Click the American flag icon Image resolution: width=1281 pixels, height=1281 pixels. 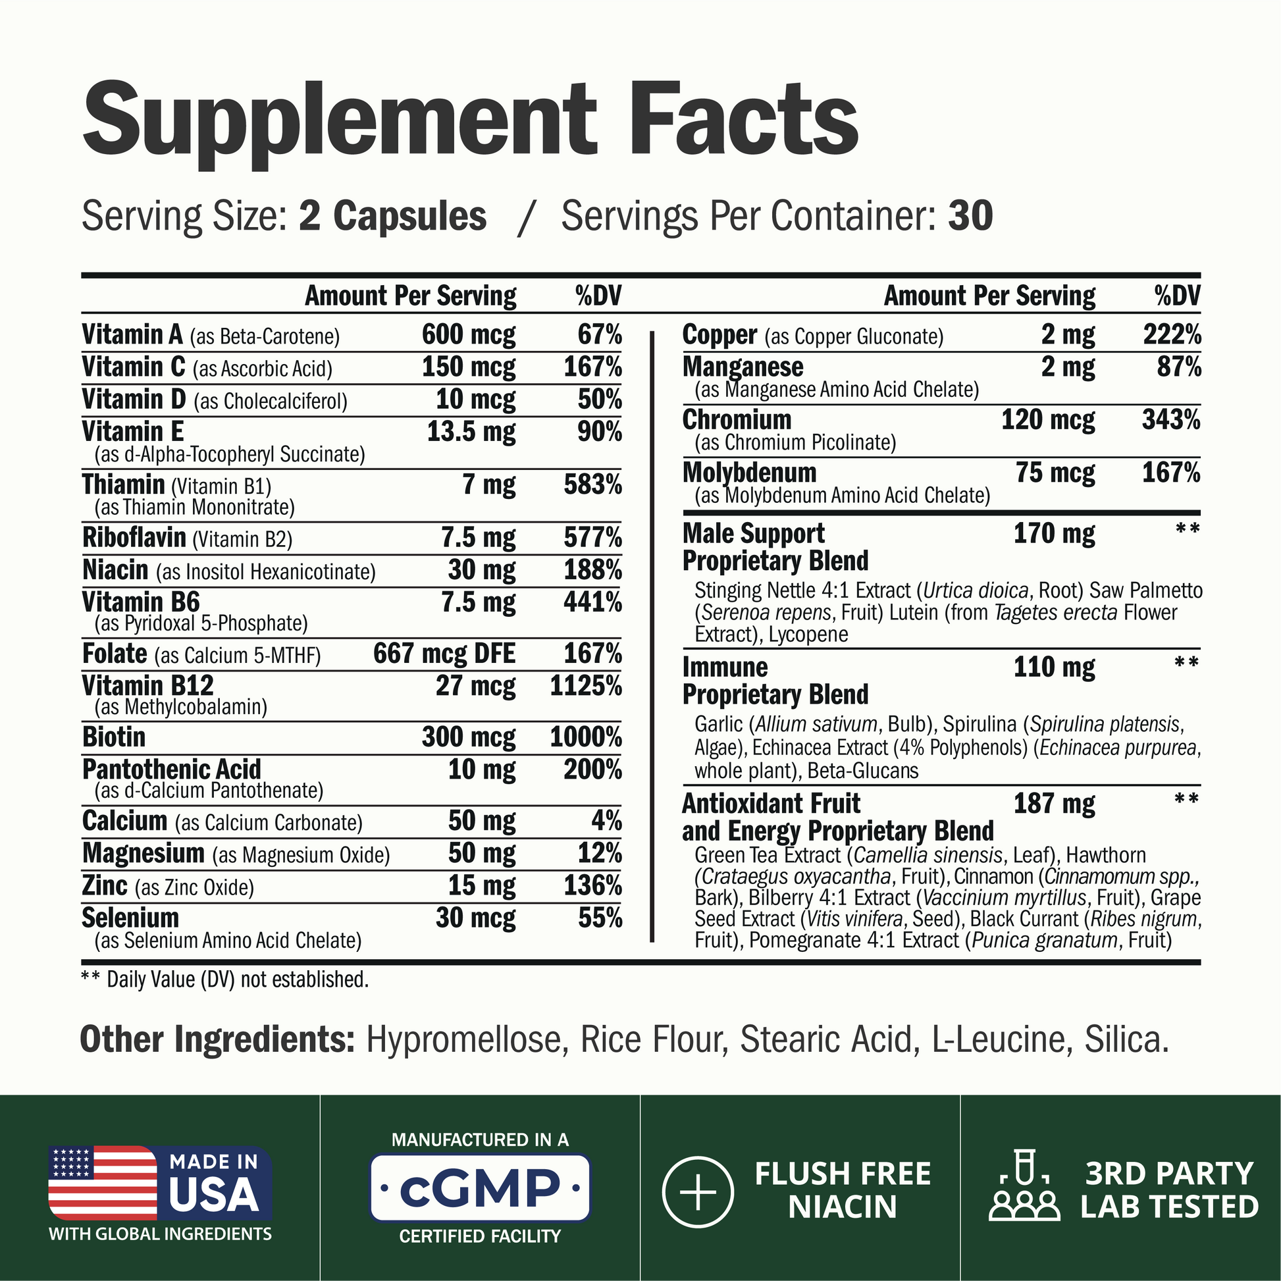[x=103, y=1182]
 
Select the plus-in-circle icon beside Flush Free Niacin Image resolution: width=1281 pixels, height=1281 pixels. [x=698, y=1191]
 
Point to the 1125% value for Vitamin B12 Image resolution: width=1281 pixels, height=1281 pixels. [x=585, y=686]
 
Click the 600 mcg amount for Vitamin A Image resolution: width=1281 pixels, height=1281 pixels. [x=468, y=335]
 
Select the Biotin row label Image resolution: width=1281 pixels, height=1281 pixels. [x=114, y=737]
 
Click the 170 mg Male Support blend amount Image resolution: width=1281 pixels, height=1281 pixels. [x=1054, y=534]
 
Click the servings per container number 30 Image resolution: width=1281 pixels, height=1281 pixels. [x=970, y=216]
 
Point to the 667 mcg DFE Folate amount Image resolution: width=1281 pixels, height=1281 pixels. [x=444, y=654]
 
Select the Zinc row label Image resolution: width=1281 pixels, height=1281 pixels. [x=105, y=886]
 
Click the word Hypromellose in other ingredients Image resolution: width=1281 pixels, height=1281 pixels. [x=467, y=1039]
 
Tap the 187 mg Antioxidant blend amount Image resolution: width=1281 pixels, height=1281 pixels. [x=1054, y=804]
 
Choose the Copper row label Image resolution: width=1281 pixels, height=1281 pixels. [x=719, y=335]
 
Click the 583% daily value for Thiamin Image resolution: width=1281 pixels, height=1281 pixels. [x=592, y=484]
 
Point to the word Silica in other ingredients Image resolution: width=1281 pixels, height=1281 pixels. [x=1126, y=1039]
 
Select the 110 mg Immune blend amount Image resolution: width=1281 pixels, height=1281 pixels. [x=1054, y=667]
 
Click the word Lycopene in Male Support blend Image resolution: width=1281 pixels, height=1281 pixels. [x=808, y=635]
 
